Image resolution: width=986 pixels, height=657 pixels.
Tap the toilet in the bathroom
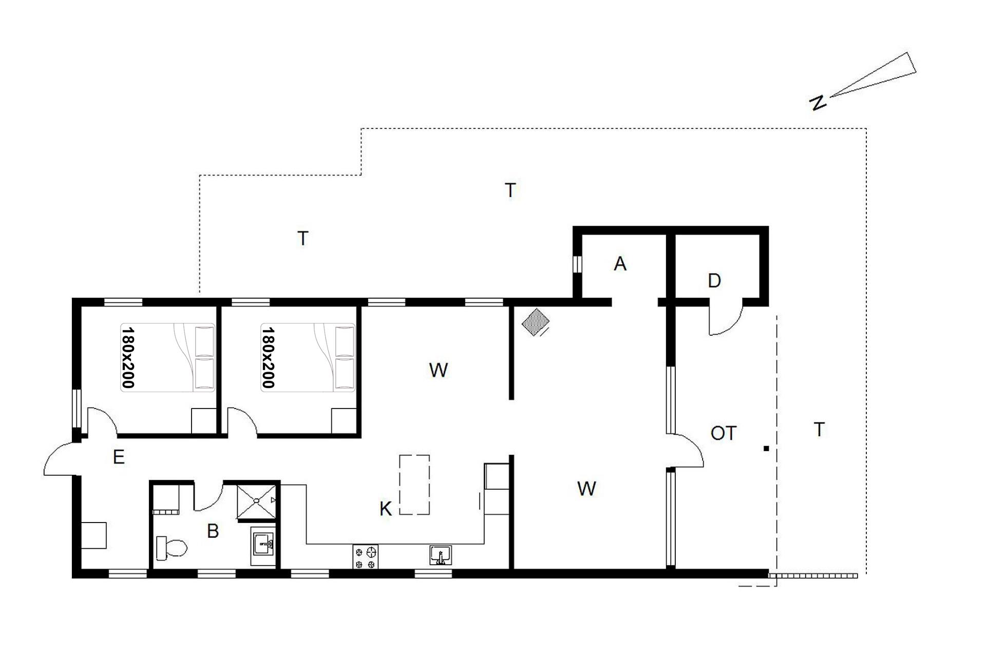(x=172, y=548)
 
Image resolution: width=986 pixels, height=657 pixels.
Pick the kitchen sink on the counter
(x=441, y=555)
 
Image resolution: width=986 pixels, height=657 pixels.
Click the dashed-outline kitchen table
(x=414, y=485)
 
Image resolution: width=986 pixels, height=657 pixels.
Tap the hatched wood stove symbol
(x=536, y=322)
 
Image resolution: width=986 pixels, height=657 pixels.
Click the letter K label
(x=386, y=509)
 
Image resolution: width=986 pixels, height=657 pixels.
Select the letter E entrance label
(x=119, y=457)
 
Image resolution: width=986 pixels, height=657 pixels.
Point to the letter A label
(x=620, y=264)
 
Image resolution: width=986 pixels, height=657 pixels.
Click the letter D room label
(x=714, y=280)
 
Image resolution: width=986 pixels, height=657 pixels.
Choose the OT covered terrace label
(x=724, y=433)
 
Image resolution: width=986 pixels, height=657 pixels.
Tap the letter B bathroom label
(x=213, y=531)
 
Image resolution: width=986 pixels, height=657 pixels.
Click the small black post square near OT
(x=766, y=449)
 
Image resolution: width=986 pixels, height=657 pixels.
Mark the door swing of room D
(x=726, y=318)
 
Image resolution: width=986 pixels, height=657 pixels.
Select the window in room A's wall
(x=577, y=263)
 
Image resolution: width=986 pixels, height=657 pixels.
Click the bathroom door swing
(x=208, y=496)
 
